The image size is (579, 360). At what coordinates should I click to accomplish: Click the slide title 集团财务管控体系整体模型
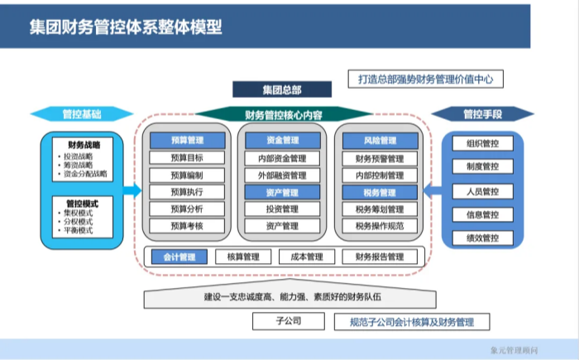[126, 26]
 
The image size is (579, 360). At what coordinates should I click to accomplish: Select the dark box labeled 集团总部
[281, 89]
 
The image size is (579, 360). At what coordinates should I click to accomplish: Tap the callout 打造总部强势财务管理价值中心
[425, 79]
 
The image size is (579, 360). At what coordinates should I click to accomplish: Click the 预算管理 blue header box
[186, 141]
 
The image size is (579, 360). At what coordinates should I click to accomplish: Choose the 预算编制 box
[186, 175]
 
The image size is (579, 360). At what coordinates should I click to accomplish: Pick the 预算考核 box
[186, 225]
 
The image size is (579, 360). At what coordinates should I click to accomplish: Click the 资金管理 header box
[283, 141]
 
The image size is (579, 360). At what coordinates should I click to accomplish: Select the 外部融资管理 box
[283, 175]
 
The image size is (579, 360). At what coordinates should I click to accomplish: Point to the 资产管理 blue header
[283, 192]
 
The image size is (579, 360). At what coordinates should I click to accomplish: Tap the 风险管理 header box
[380, 141]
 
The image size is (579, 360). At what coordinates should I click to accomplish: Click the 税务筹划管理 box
[380, 209]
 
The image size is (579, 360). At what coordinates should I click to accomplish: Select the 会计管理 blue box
[179, 257]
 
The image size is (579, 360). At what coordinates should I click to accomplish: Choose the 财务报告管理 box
[380, 257]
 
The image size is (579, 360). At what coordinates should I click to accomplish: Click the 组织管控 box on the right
[482, 143]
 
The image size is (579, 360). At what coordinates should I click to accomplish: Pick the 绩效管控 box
[482, 238]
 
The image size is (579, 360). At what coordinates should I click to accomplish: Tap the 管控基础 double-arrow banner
[81, 113]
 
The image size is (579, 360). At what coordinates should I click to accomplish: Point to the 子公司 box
[289, 321]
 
